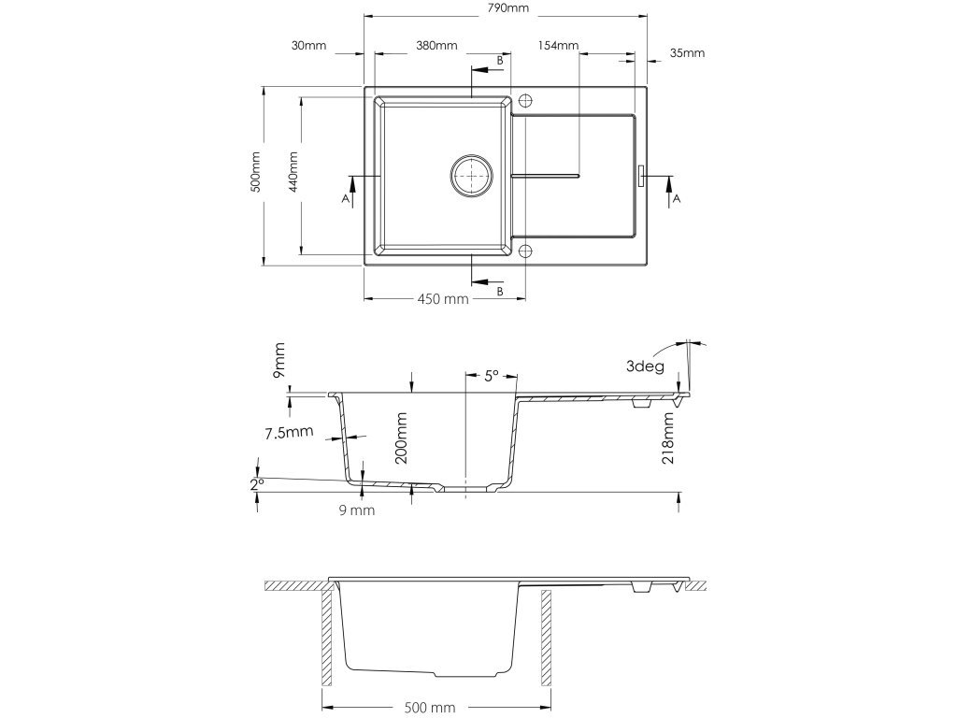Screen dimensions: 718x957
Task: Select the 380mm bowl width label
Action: [436, 46]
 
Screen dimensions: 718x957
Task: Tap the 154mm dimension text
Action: [559, 46]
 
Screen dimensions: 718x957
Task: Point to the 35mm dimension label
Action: [687, 53]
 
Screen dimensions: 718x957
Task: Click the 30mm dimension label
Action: [308, 46]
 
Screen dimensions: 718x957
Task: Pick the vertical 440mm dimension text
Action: [293, 172]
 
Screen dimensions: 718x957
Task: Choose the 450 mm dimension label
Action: [442, 299]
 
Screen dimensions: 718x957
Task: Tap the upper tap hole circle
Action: [525, 99]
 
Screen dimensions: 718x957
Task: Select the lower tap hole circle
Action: [525, 251]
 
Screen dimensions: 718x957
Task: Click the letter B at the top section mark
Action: [500, 61]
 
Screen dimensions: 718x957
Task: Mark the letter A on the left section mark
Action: [345, 200]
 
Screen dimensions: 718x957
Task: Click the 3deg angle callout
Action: [646, 366]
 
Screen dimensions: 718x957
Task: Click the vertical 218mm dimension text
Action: [668, 440]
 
